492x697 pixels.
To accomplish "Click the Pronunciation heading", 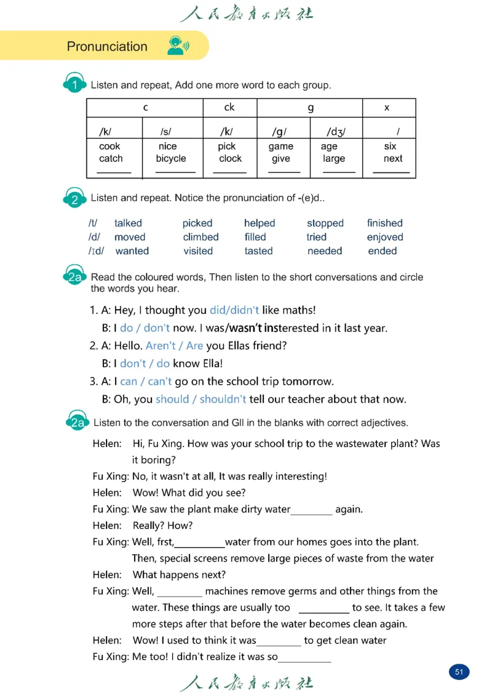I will (x=107, y=47).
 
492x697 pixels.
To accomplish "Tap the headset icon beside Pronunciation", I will (x=177, y=46).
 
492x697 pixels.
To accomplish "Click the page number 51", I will (x=459, y=672).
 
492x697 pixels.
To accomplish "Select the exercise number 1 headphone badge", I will (x=74, y=85).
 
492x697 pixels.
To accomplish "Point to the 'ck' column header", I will (x=229, y=107).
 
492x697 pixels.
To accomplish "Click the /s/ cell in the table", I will (x=165, y=132).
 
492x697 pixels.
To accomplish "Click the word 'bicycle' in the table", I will (x=171, y=158).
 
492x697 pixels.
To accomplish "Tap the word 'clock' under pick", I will (x=231, y=158).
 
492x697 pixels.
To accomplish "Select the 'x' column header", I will (x=387, y=108).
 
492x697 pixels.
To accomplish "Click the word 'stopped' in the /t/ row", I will (x=325, y=223).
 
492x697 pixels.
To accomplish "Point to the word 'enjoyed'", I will (x=385, y=237).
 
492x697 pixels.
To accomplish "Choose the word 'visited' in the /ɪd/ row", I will (x=198, y=251).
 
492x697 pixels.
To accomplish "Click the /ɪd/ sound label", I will (x=97, y=251).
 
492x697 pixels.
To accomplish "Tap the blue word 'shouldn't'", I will (x=223, y=399).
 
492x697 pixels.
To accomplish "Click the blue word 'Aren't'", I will (x=160, y=345).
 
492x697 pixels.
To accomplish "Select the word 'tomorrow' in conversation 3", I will (x=312, y=381).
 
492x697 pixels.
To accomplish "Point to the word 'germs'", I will (x=335, y=591).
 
